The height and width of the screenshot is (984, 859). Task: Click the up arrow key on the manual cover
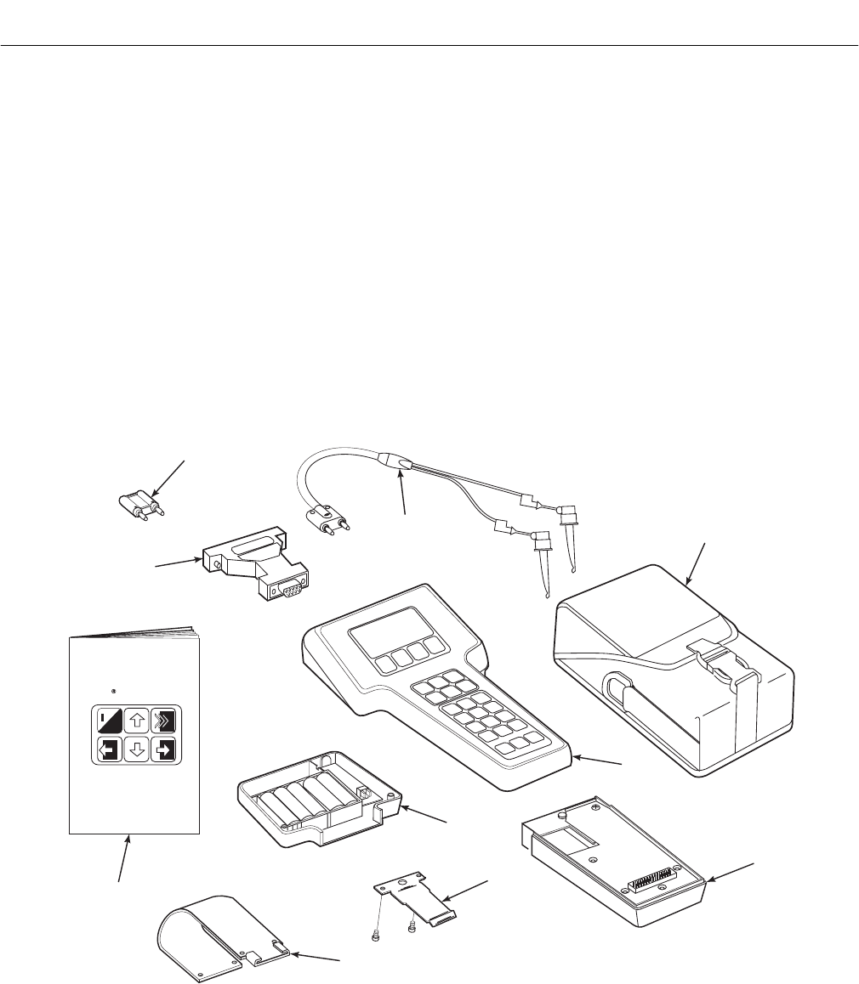[x=136, y=721]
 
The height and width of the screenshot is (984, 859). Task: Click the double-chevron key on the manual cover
[x=164, y=721]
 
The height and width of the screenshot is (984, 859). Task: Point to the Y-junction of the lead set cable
[x=399, y=463]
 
